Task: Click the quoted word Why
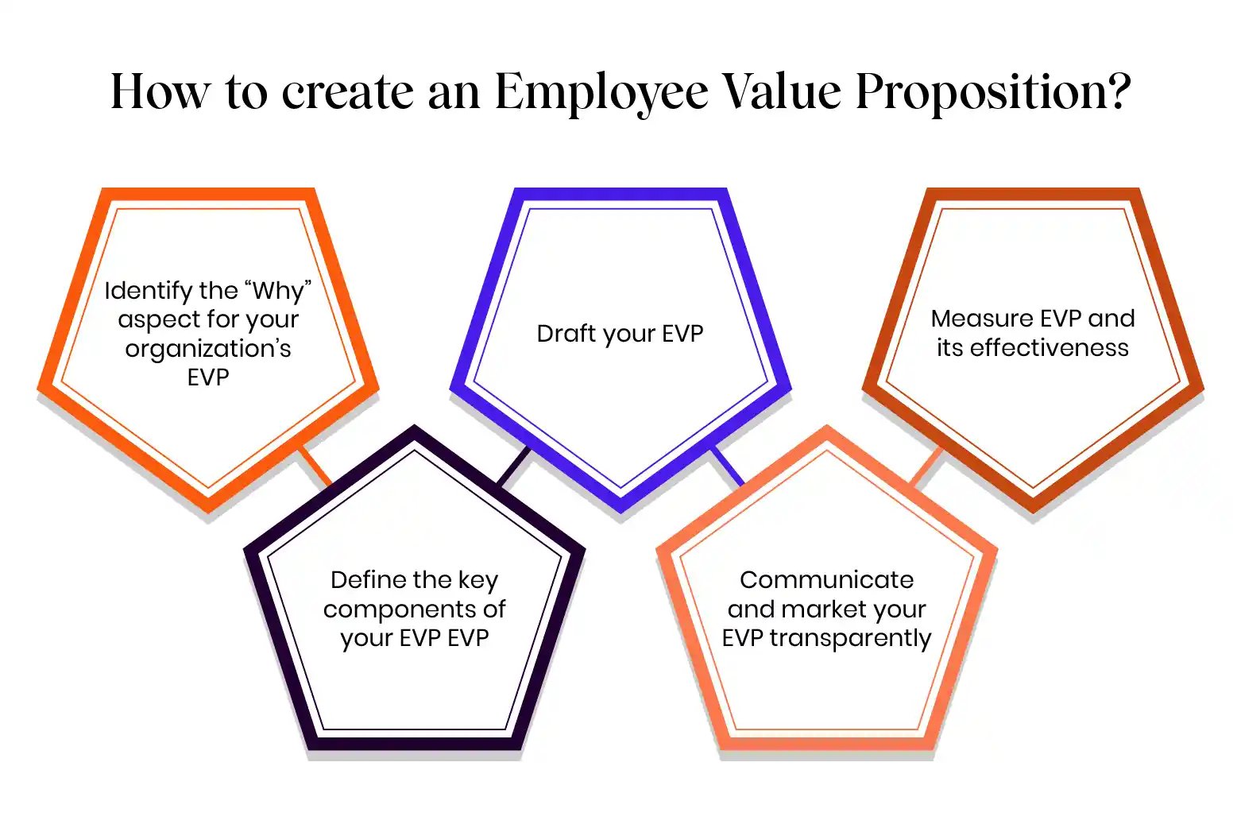coord(277,291)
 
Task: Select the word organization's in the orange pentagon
coord(208,349)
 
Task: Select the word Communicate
coord(826,580)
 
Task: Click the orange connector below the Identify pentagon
coord(314,465)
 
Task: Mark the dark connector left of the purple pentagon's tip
coord(513,466)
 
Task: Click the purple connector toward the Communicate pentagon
coord(727,466)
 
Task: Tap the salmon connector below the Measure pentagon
coord(926,466)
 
